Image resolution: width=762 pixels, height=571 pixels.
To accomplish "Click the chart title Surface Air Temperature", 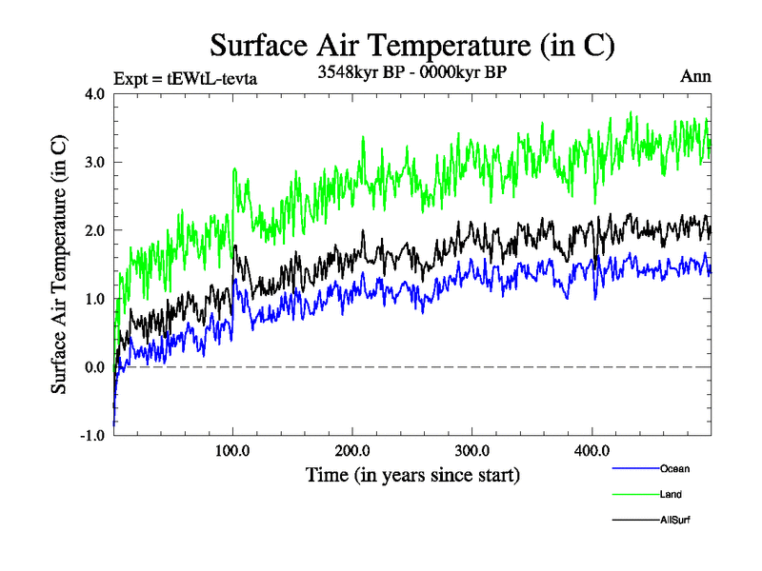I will [411, 45].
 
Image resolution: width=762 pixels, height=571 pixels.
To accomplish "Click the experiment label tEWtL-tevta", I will [185, 78].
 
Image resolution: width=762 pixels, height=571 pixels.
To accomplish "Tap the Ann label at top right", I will [695, 77].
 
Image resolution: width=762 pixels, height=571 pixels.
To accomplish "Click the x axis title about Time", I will [412, 473].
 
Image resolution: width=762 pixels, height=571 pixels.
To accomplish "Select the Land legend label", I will [671, 494].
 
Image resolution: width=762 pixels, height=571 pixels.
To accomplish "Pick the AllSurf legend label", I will [674, 521].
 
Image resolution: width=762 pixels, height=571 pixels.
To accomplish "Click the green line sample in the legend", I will [633, 494].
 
